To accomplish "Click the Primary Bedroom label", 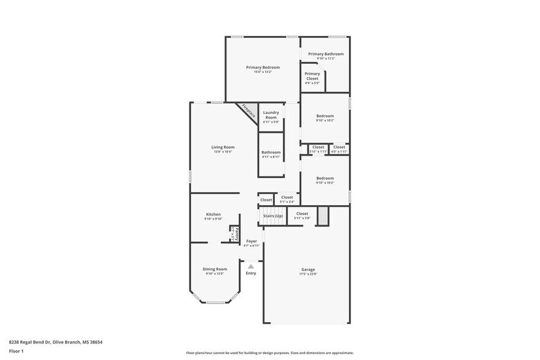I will pyautogui.click(x=263, y=67).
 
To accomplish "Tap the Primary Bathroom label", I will pyautogui.click(x=326, y=54).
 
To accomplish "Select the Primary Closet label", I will pyautogui.click(x=312, y=76).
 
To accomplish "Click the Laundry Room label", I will pyautogui.click(x=271, y=114).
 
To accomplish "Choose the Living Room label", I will pyautogui.click(x=223, y=147).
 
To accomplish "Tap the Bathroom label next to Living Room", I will pyautogui.click(x=271, y=152).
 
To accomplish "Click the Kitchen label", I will pyautogui.click(x=213, y=214).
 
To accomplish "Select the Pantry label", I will pyautogui.click(x=237, y=234).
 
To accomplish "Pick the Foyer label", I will pyautogui.click(x=252, y=241).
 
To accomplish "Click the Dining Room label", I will pyautogui.click(x=215, y=269).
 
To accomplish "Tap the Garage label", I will pyautogui.click(x=308, y=269).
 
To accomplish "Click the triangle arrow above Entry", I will pyautogui.click(x=250, y=266).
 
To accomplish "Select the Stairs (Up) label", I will pyautogui.click(x=273, y=216).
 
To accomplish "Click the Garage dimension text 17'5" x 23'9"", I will pyautogui.click(x=308, y=274).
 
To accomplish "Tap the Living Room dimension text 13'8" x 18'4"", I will pyautogui.click(x=223, y=152).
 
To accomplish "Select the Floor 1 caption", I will pyautogui.click(x=16, y=351).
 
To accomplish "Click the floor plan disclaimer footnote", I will pyautogui.click(x=269, y=353).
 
